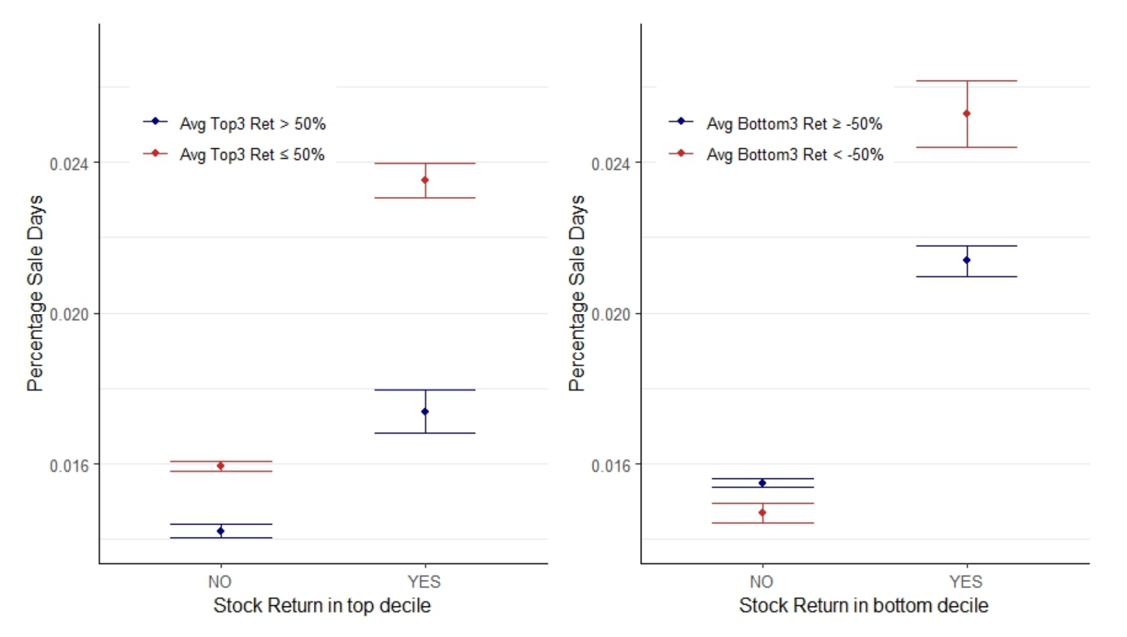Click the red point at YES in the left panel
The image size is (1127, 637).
pyautogui.click(x=425, y=180)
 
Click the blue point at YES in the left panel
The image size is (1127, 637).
pyautogui.click(x=425, y=411)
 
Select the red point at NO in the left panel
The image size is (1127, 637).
pyautogui.click(x=221, y=466)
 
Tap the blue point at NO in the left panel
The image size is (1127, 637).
pyautogui.click(x=221, y=531)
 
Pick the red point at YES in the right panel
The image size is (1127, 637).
pyautogui.click(x=966, y=114)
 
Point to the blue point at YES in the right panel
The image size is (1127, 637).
pyautogui.click(x=966, y=260)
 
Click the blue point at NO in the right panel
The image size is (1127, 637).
pyautogui.click(x=762, y=483)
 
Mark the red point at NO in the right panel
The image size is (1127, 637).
pyautogui.click(x=762, y=513)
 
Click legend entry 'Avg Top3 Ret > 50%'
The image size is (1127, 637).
pyautogui.click(x=252, y=123)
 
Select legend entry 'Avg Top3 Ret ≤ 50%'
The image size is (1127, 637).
pyautogui.click(x=252, y=155)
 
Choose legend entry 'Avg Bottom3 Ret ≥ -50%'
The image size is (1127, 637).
pyautogui.click(x=794, y=123)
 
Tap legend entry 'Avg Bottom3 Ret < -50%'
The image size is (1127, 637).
pyautogui.click(x=794, y=155)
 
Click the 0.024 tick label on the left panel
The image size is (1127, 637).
pyautogui.click(x=69, y=164)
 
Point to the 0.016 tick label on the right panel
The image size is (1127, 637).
pyautogui.click(x=610, y=465)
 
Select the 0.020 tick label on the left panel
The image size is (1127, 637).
pyautogui.click(x=69, y=315)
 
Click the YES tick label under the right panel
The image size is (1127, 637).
pyautogui.click(x=966, y=582)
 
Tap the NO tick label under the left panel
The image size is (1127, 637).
pyautogui.click(x=220, y=582)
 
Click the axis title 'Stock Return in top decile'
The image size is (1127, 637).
pyautogui.click(x=322, y=606)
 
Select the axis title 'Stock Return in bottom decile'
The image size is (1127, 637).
pyautogui.click(x=863, y=606)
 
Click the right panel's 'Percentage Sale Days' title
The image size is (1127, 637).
pyautogui.click(x=576, y=293)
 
